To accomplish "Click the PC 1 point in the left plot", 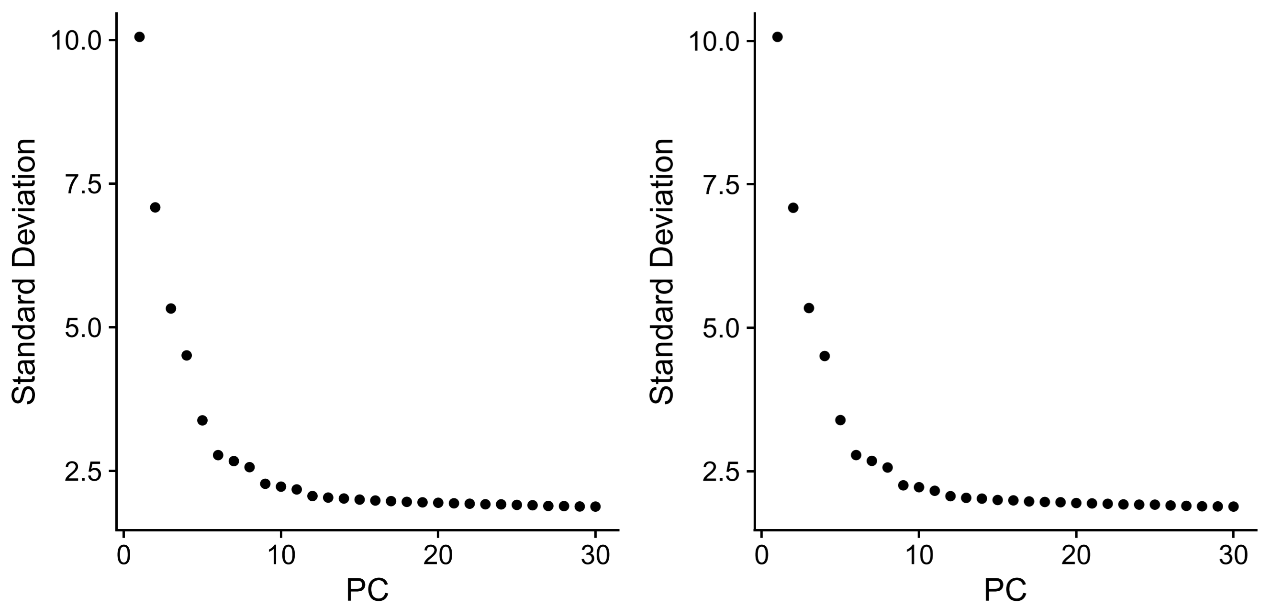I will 139,37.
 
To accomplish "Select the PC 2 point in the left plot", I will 155,207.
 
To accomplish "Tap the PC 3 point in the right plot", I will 809,308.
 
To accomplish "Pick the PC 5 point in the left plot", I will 202,420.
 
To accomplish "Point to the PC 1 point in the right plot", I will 777,37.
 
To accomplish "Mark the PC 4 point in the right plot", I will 825,356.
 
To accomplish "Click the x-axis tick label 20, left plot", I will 438,556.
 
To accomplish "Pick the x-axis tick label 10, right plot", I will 919,556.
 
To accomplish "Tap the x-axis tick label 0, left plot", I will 123,556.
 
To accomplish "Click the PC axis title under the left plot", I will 367,589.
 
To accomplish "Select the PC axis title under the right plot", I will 1005,589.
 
